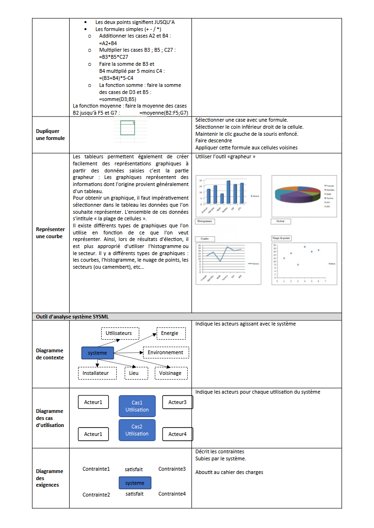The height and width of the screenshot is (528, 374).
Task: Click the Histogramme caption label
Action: pos(205,221)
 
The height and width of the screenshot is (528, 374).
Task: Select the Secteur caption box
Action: pos(281,221)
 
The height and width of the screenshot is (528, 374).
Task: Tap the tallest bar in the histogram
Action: pos(229,192)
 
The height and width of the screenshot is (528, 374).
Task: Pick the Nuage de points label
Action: pos(282,238)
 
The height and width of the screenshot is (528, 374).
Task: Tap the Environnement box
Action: pos(166,352)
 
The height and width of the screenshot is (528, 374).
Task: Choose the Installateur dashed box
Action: pos(96,373)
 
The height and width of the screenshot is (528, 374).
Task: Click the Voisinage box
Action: pos(170,373)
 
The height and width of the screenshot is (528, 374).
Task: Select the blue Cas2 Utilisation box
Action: pos(137,430)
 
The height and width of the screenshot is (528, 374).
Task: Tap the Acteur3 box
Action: pos(177,402)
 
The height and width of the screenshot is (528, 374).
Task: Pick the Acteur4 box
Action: pos(177,434)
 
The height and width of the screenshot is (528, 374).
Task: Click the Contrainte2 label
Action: pos(96,495)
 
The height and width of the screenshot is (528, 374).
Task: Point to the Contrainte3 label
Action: pos(172,469)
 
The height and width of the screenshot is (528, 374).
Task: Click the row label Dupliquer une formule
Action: pos(50,135)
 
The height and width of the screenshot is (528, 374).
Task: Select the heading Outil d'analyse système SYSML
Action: pos(72,317)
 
